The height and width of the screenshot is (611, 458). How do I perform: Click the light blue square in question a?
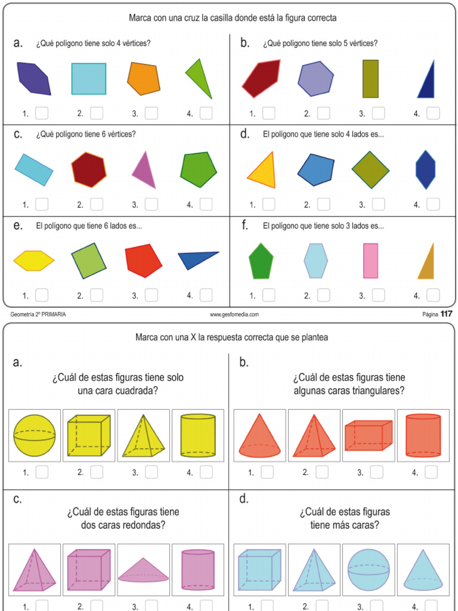(x=89, y=79)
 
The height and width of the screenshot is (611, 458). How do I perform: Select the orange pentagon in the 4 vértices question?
(x=144, y=79)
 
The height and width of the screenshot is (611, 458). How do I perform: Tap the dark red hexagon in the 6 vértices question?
(x=89, y=169)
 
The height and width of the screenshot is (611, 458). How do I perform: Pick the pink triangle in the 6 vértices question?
(x=144, y=169)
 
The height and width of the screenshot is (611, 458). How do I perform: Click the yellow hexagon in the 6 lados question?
(x=34, y=261)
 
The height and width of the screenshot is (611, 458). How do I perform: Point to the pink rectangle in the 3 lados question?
(x=370, y=261)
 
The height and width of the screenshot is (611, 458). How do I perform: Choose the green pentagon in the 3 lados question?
(x=261, y=261)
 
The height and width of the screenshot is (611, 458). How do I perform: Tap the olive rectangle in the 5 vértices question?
(x=370, y=79)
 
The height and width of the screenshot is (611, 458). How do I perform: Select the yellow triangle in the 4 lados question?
(x=262, y=171)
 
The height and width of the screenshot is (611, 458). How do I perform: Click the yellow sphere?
(x=35, y=435)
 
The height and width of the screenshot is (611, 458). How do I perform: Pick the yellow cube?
(x=89, y=435)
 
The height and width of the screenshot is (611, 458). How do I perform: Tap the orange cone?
(x=259, y=436)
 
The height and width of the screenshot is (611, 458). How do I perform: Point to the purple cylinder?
(x=198, y=570)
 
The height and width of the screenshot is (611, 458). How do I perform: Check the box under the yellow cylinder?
(x=206, y=472)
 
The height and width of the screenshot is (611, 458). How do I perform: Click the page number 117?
(x=447, y=314)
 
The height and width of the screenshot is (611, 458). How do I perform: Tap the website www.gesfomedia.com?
(x=234, y=314)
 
